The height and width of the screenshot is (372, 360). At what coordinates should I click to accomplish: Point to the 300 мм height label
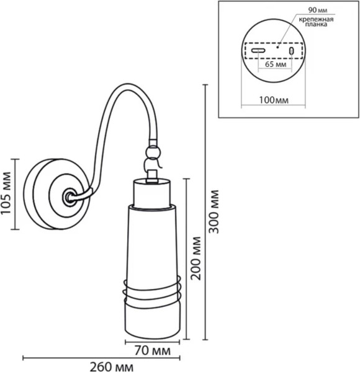tap(214, 213)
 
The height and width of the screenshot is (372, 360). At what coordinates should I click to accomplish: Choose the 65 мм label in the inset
tap(274, 64)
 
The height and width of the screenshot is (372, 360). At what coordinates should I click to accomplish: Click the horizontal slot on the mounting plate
tap(258, 50)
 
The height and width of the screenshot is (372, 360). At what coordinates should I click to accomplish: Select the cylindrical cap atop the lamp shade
tap(152, 193)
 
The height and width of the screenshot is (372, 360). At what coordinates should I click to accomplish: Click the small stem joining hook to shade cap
tap(152, 177)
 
